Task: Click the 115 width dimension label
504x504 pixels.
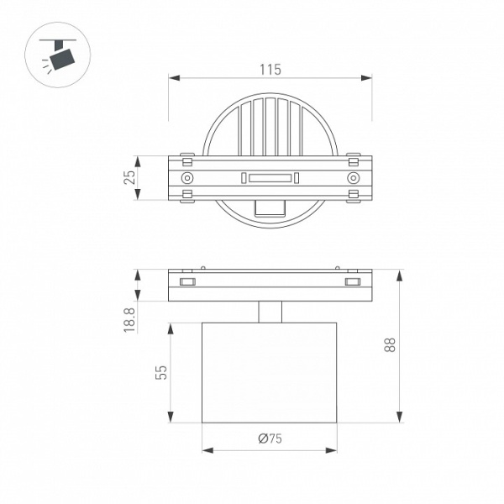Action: click(x=270, y=70)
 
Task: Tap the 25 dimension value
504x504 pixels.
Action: click(x=129, y=177)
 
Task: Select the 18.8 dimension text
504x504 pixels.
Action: click(x=129, y=320)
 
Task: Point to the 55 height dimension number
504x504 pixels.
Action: click(x=161, y=372)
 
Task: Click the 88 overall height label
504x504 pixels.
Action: click(x=390, y=345)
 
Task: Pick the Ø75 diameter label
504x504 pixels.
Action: click(x=270, y=438)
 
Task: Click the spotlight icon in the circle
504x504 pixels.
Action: click(x=59, y=55)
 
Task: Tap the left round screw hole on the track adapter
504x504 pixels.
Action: click(x=187, y=178)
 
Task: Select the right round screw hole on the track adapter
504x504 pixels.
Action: click(x=354, y=178)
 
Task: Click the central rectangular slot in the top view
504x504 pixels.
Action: click(x=270, y=178)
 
